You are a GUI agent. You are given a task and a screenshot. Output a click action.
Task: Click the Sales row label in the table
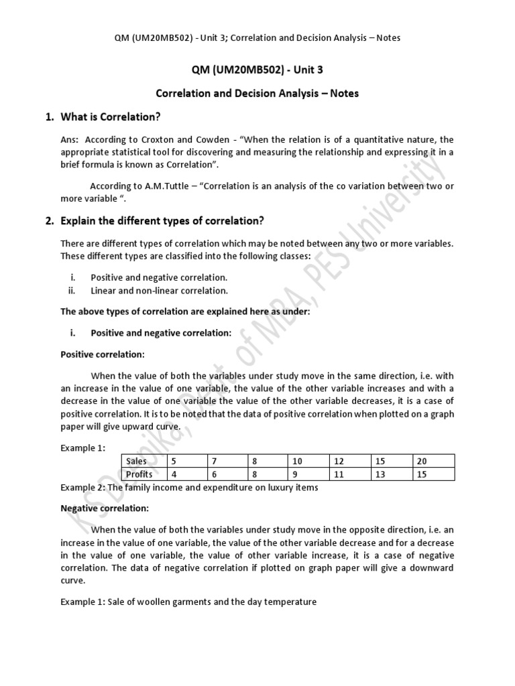pyautogui.click(x=137, y=462)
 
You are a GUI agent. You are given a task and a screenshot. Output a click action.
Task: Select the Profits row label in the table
pyautogui.click(x=139, y=474)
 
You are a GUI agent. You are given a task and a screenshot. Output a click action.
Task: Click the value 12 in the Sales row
pyautogui.click(x=339, y=462)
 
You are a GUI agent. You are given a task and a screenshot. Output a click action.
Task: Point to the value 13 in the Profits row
pyautogui.click(x=379, y=474)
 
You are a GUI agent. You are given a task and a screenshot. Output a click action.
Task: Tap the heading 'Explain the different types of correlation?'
pyautogui.click(x=163, y=220)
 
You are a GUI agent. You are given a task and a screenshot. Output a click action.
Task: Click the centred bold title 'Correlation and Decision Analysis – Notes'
pyautogui.click(x=257, y=93)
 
